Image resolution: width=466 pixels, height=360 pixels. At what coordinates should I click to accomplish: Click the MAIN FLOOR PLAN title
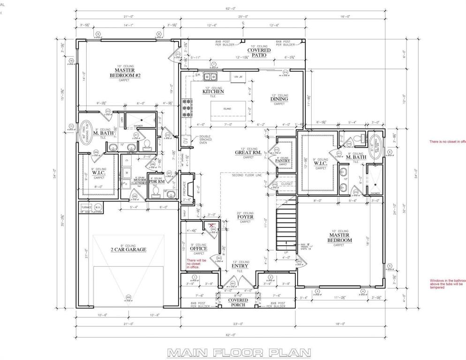[x=233, y=352]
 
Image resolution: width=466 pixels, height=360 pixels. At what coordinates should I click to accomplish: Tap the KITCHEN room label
[x=213, y=92]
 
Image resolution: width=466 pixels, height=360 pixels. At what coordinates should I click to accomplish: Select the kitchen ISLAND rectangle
[x=227, y=109]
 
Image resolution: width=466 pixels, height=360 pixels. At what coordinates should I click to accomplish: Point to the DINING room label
[x=279, y=99]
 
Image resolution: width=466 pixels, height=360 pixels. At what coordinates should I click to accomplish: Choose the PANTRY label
[x=283, y=161]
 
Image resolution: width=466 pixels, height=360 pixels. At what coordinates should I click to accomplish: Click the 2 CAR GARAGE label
[x=128, y=249]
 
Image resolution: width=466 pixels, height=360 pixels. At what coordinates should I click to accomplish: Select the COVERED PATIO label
[x=259, y=52]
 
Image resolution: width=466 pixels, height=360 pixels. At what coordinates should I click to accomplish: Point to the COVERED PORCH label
[x=238, y=302]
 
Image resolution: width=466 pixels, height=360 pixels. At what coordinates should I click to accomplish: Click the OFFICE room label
[x=198, y=248]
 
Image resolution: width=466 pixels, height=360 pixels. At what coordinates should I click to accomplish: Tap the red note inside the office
[x=196, y=263]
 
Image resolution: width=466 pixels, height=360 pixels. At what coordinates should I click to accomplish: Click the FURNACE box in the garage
[x=86, y=207]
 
